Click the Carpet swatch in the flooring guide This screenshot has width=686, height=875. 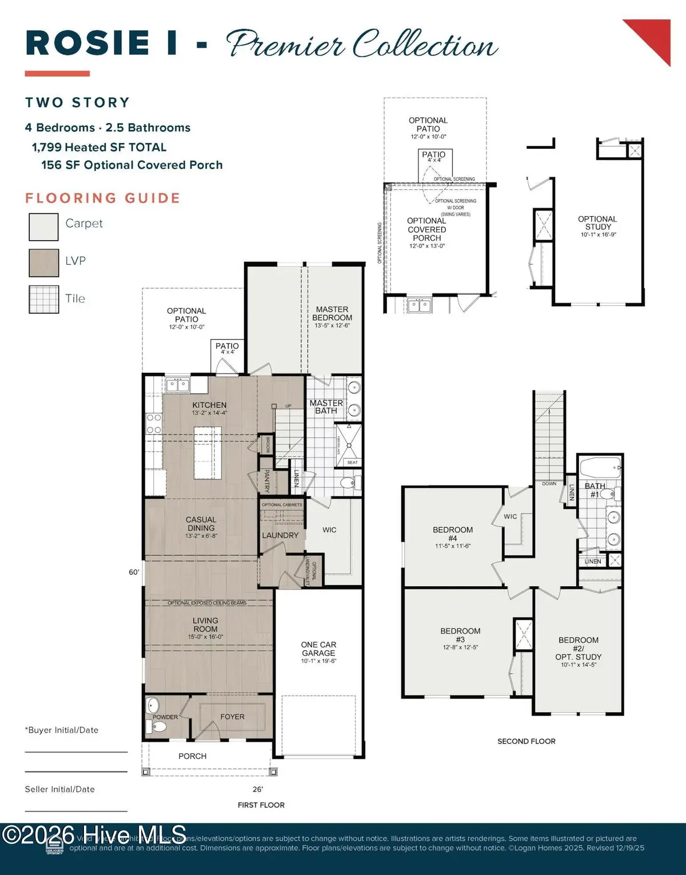[x=43, y=226]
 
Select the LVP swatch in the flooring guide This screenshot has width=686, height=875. [x=43, y=263]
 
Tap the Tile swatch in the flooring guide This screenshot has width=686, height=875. [x=43, y=299]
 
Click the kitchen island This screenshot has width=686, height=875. [x=208, y=453]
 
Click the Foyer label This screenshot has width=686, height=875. [x=232, y=717]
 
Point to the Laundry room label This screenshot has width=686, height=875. [x=280, y=535]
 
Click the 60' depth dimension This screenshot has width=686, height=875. [x=134, y=572]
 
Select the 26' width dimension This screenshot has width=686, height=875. [x=258, y=789]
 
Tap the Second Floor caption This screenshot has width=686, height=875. [x=526, y=741]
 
